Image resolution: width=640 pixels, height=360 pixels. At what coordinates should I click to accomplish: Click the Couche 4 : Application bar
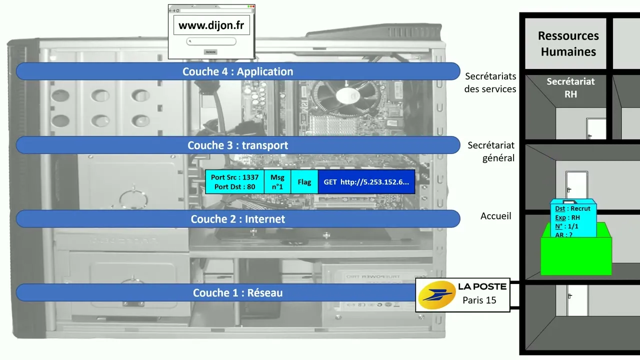click(x=237, y=71)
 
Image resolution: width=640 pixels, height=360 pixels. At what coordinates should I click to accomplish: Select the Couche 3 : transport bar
click(x=237, y=145)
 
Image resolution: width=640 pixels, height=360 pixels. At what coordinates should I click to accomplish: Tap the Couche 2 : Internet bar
click(x=237, y=219)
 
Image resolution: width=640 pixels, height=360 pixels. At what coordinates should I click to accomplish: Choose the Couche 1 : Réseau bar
click(x=237, y=293)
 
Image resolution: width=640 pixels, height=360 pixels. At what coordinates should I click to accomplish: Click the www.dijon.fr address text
click(x=211, y=25)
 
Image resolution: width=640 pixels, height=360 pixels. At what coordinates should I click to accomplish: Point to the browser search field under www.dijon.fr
click(x=211, y=41)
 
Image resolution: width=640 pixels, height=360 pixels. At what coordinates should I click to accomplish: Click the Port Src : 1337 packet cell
click(x=234, y=182)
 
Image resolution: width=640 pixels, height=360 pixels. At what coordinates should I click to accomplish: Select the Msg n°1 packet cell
click(x=277, y=182)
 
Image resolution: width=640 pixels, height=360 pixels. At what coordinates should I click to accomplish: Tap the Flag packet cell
click(x=304, y=182)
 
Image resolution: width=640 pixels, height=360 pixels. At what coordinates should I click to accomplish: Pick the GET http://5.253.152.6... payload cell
click(x=366, y=182)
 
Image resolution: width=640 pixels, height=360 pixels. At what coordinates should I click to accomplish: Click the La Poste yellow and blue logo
click(x=436, y=295)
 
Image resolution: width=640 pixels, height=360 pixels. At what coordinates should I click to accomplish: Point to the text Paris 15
click(x=479, y=300)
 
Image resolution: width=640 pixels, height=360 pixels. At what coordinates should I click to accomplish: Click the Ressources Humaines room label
click(x=568, y=43)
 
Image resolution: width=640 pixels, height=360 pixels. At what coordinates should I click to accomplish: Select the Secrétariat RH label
click(x=570, y=87)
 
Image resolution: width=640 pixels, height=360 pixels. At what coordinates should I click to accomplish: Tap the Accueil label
click(x=495, y=216)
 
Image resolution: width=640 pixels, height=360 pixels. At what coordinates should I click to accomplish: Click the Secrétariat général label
click(x=491, y=151)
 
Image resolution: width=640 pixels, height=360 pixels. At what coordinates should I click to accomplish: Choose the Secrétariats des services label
click(x=490, y=82)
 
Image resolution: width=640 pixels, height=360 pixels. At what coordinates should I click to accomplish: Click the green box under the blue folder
click(x=576, y=256)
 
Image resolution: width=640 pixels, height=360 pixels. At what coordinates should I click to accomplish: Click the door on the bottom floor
click(x=577, y=301)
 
